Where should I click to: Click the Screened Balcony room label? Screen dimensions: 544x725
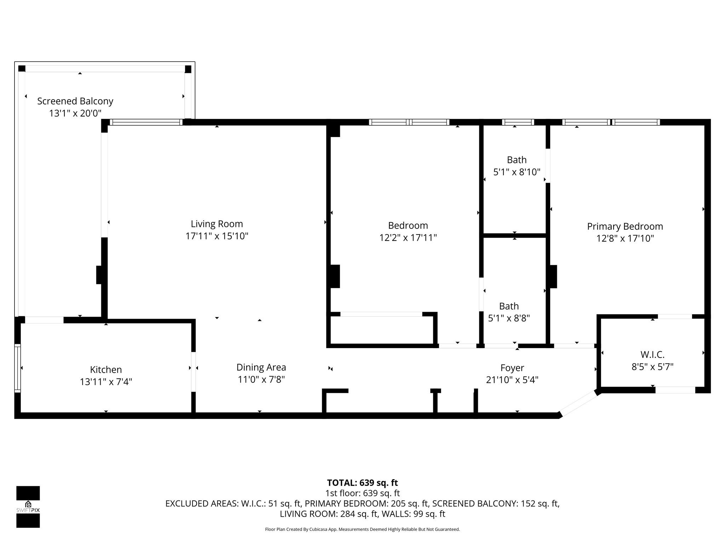click(x=75, y=101)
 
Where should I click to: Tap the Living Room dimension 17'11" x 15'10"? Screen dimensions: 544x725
click(x=217, y=236)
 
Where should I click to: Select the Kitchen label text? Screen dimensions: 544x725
click(x=106, y=370)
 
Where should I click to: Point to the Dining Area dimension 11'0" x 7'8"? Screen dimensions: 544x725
click(x=261, y=380)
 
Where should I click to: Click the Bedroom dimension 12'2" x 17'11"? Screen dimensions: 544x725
click(x=408, y=238)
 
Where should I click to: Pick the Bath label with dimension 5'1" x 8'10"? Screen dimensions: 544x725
click(x=516, y=160)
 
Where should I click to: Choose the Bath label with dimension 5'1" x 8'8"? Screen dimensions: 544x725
click(x=509, y=306)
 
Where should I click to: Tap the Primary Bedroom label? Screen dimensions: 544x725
click(x=625, y=227)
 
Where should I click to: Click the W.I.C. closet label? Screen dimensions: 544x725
click(x=652, y=355)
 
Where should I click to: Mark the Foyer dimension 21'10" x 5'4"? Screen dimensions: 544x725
click(x=512, y=380)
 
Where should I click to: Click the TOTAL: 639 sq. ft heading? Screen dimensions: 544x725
click(x=362, y=483)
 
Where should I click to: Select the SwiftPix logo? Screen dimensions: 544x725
click(x=28, y=506)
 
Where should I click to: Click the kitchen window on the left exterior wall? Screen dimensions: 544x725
click(x=17, y=368)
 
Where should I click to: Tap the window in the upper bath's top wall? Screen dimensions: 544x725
click(x=518, y=122)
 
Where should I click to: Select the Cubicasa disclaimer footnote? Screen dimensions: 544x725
click(x=362, y=529)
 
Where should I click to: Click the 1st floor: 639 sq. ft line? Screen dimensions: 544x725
click(x=362, y=493)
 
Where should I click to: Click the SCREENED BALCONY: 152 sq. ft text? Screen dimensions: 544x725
click(x=496, y=504)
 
